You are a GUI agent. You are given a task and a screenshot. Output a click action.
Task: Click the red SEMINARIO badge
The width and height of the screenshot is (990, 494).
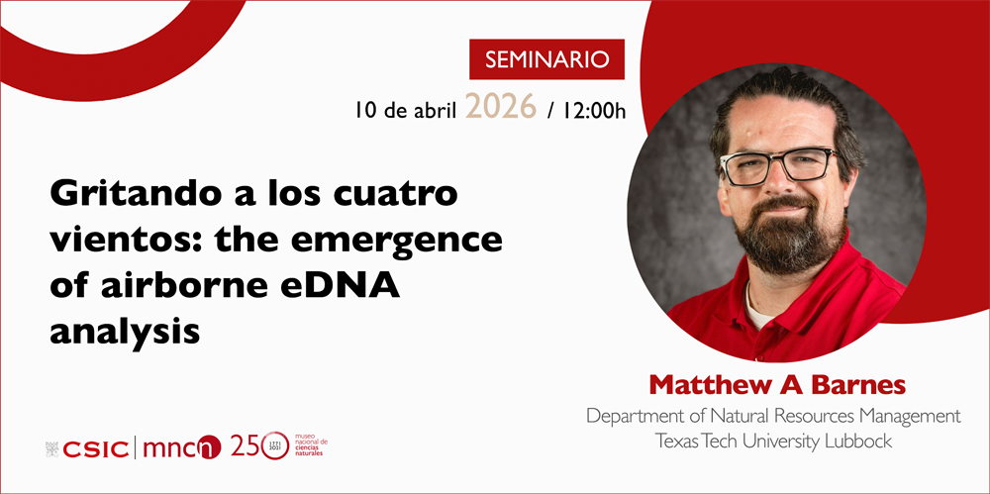(x=546, y=59)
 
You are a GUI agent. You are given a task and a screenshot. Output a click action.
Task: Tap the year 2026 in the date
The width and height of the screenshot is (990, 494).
(x=500, y=107)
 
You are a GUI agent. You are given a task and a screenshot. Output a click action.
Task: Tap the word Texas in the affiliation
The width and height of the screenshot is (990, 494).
(x=679, y=442)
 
